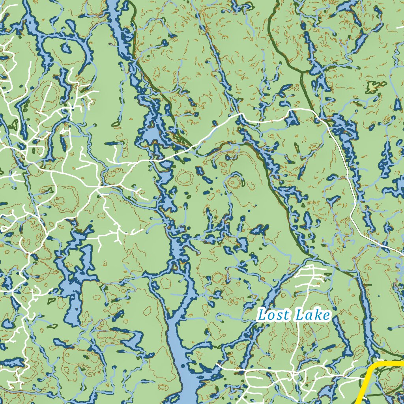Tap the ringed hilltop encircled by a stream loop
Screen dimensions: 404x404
(x=235, y=182)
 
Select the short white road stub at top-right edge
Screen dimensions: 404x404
(x=400, y=27)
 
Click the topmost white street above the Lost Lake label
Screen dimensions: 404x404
(x=312, y=267)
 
